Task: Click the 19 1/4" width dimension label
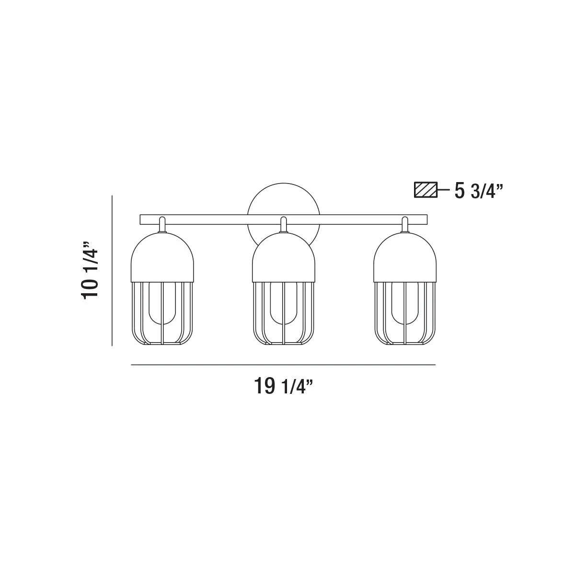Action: tap(283, 386)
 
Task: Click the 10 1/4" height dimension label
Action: tap(89, 270)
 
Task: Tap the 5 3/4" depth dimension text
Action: tap(479, 191)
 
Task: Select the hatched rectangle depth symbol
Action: tap(426, 190)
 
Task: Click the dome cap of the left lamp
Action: tap(162, 257)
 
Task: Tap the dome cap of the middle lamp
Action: tap(284, 257)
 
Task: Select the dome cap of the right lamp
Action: tap(405, 257)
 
